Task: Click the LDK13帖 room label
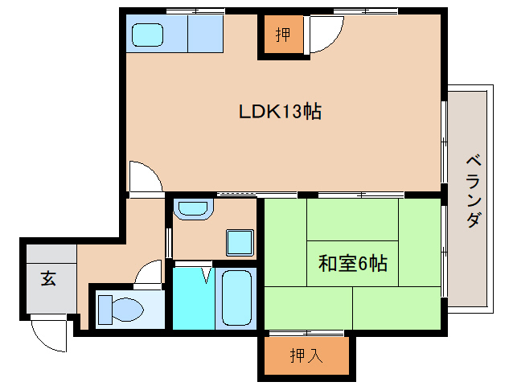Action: click(x=280, y=112)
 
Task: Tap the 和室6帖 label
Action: click(x=353, y=262)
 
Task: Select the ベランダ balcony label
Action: click(x=474, y=190)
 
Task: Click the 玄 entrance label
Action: click(x=49, y=279)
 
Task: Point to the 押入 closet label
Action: click(x=306, y=355)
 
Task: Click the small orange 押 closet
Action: click(x=281, y=35)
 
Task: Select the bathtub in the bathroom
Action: click(x=236, y=298)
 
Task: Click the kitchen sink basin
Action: click(x=147, y=35)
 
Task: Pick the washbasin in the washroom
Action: click(x=192, y=209)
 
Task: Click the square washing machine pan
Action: click(x=239, y=242)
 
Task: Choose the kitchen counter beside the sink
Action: click(x=204, y=35)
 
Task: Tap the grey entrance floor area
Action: click(x=50, y=281)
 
